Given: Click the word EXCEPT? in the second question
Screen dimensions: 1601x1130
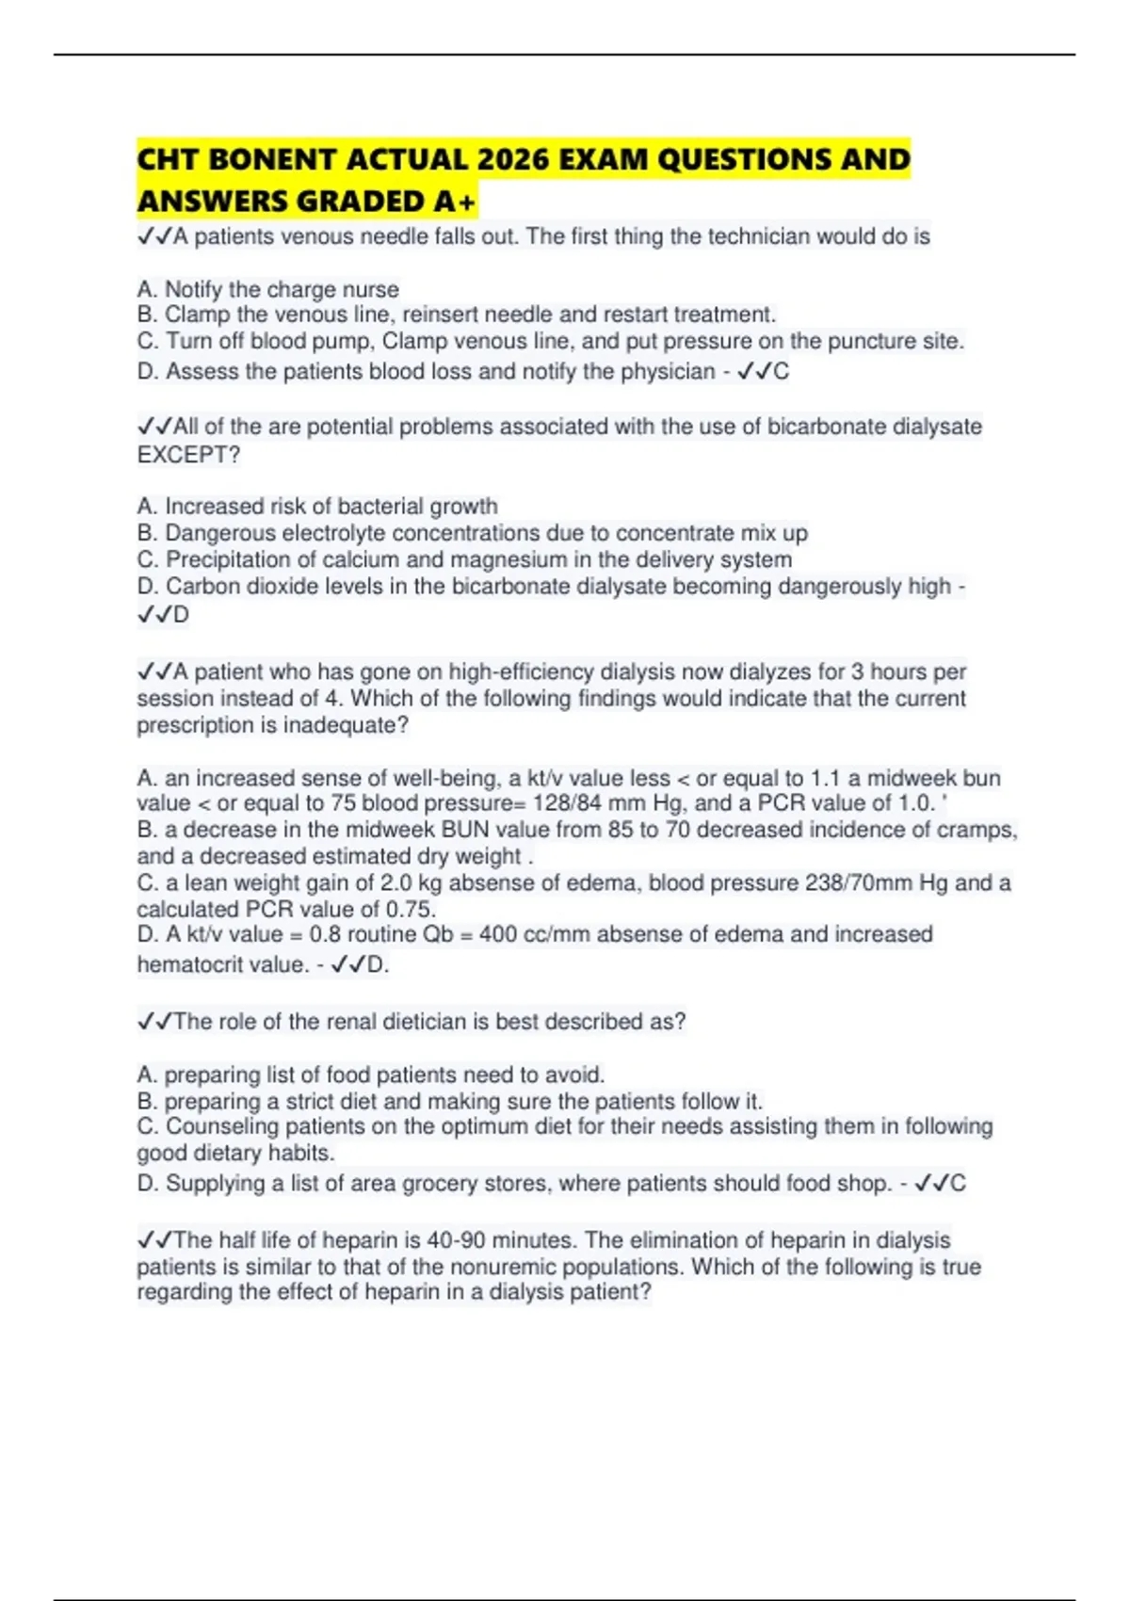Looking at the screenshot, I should [x=188, y=455].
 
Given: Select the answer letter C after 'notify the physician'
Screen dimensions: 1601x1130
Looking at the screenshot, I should [x=781, y=372].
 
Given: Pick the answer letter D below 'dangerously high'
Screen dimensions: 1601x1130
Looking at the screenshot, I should [x=180, y=615].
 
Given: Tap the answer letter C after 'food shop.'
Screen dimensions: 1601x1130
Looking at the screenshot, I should [x=958, y=1184].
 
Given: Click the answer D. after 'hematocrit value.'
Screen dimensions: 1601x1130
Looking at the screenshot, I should [x=378, y=965].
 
